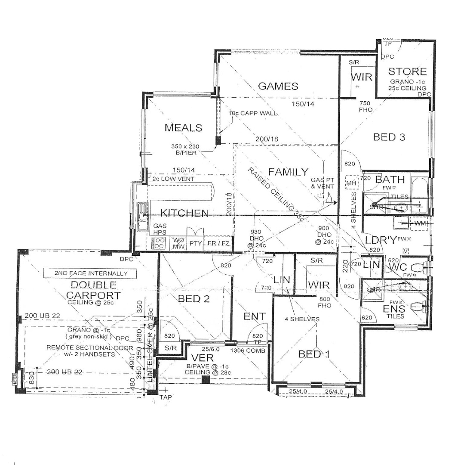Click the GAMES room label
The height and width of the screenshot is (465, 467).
278,86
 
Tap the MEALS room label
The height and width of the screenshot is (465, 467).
183,128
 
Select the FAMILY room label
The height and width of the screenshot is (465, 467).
288,172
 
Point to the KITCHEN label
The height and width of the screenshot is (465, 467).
185,213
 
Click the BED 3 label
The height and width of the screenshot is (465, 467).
389,137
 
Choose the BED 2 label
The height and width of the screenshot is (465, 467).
194,299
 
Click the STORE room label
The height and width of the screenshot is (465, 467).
407,71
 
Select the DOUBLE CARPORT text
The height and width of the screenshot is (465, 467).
93,290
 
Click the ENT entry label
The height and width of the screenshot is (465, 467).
254,316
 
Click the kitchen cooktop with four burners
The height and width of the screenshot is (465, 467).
160,243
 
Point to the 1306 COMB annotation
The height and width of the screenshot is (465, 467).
250,350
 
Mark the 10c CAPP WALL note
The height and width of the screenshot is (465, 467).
252,113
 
